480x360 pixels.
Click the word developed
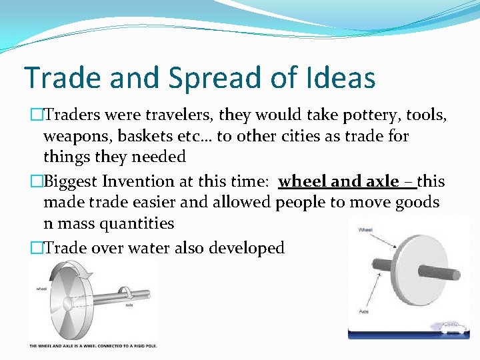coord(247,248)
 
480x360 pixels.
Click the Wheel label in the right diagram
coord(366,230)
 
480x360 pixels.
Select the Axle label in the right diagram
coord(365,311)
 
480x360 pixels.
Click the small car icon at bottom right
coord(453,327)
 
